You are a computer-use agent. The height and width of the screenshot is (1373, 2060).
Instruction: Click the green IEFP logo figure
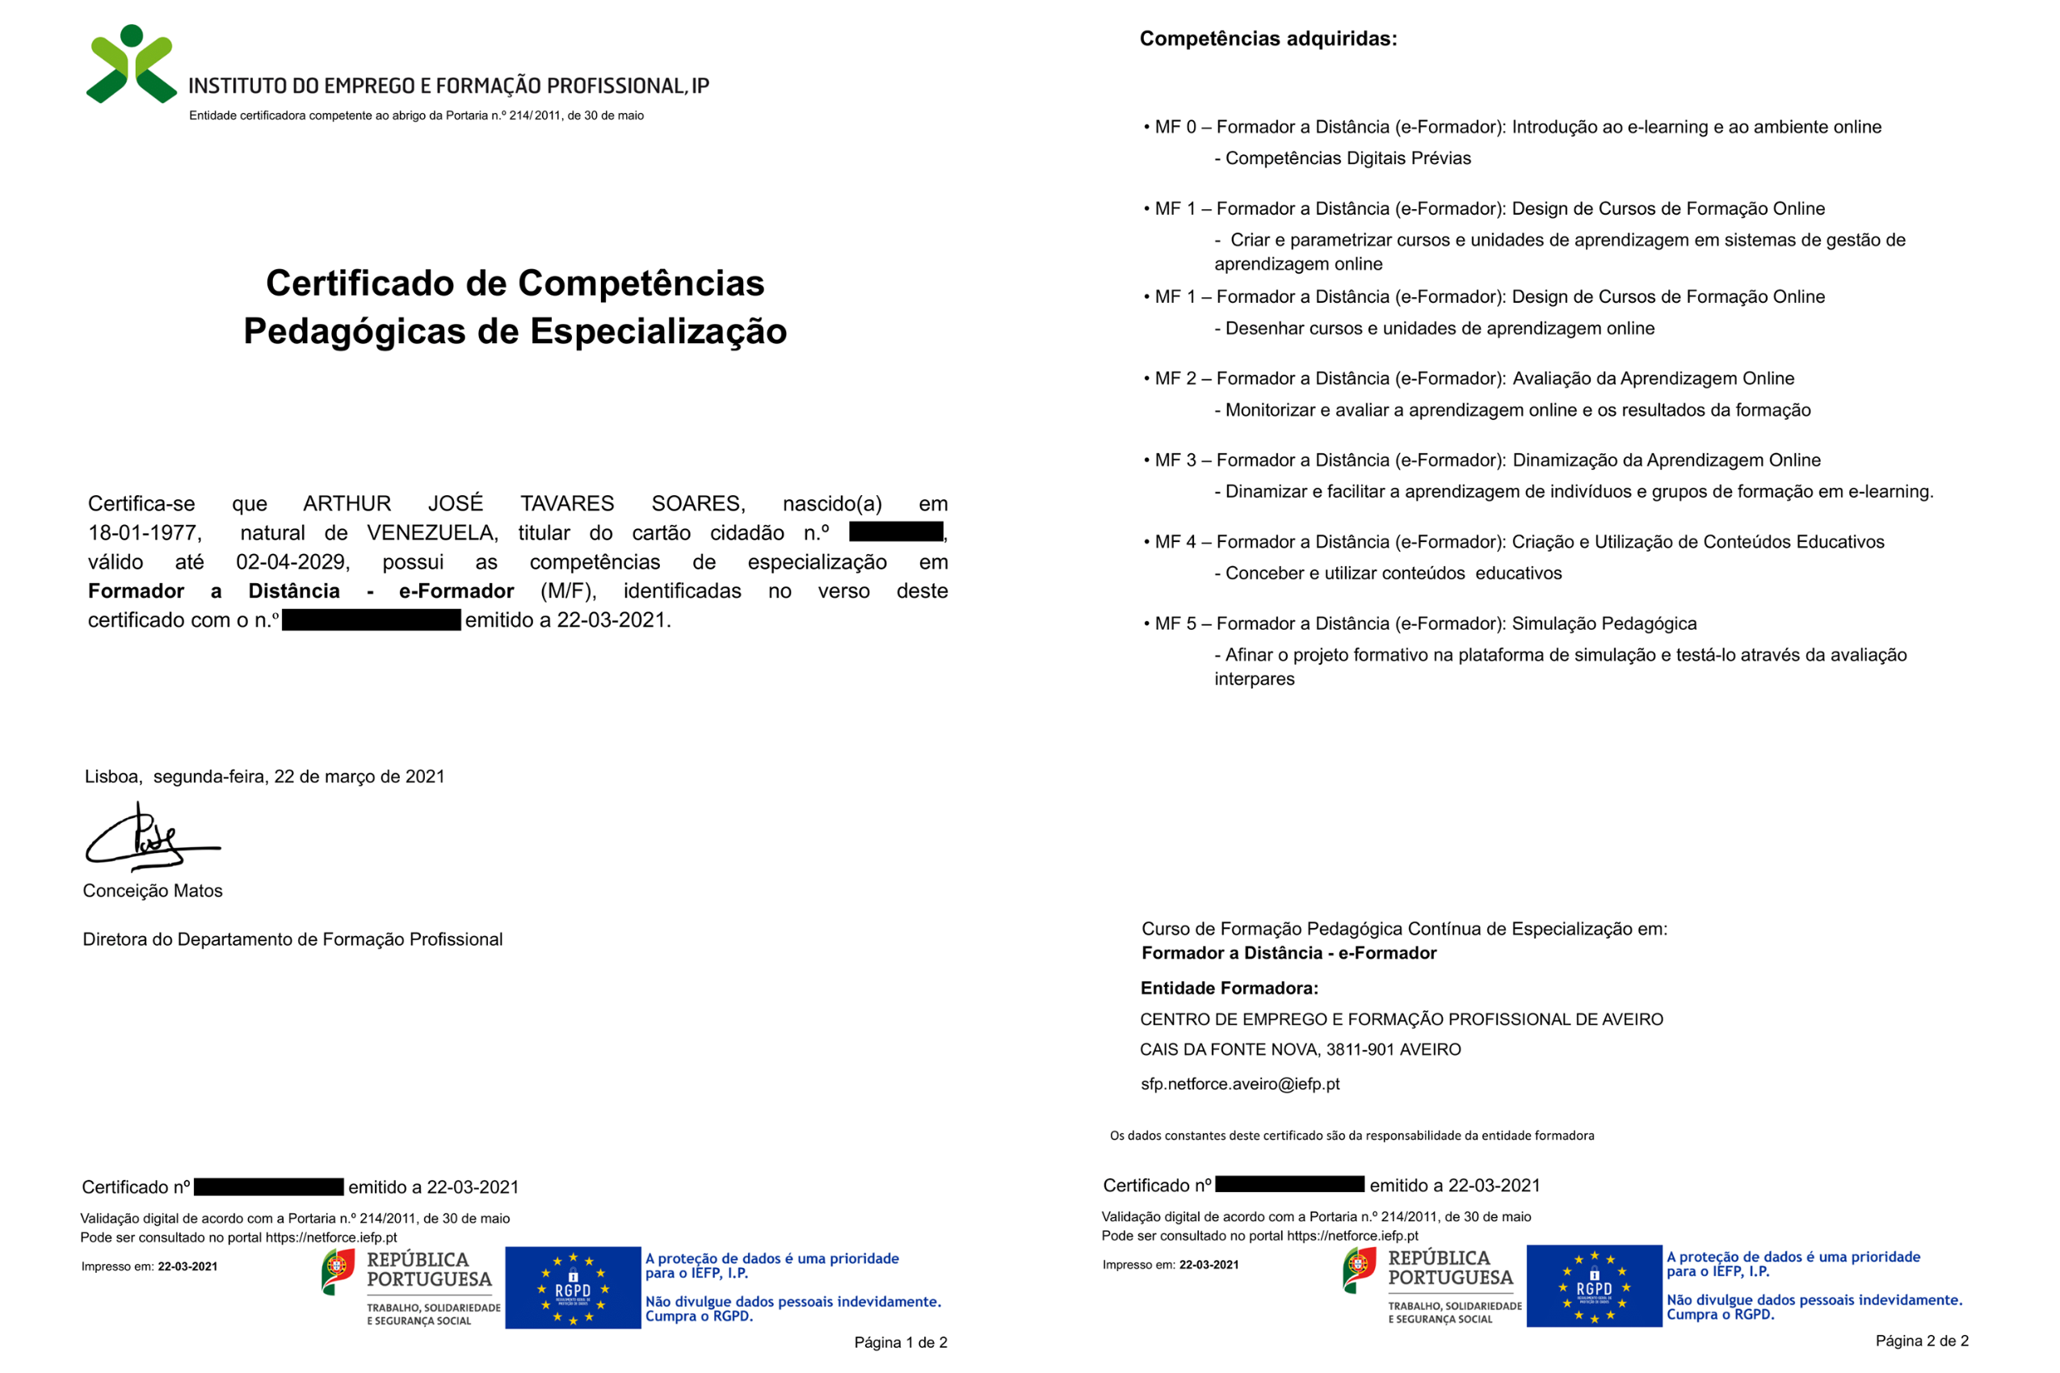coord(132,65)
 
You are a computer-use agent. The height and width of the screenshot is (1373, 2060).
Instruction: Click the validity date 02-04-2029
coord(292,562)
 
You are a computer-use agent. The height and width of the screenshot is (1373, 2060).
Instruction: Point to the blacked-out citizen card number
coord(895,531)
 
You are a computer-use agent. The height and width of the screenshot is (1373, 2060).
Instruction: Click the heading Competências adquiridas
coord(1268,39)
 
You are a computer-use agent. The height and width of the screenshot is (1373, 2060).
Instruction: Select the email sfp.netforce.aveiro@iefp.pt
coord(1239,1084)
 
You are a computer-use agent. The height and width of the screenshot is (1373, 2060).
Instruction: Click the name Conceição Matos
coord(153,891)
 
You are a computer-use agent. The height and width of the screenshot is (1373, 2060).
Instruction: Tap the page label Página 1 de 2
coord(901,1342)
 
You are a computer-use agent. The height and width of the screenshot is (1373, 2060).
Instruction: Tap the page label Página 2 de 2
coord(1922,1341)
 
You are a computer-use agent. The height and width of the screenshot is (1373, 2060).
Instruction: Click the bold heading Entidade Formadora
coord(1229,989)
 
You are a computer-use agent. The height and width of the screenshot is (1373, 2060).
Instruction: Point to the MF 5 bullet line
coord(1419,624)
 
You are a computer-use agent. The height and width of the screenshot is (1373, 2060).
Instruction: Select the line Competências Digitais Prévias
coord(1347,158)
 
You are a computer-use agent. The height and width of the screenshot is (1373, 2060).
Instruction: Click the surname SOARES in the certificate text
coord(697,503)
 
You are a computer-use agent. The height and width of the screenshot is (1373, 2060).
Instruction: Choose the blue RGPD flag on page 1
coord(573,1287)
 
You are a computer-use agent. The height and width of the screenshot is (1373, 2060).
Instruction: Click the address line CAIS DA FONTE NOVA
coord(1300,1049)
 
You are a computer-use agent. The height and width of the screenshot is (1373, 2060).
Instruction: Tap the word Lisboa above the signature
coord(112,777)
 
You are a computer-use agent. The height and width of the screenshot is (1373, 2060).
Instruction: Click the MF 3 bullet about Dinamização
coord(1481,460)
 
